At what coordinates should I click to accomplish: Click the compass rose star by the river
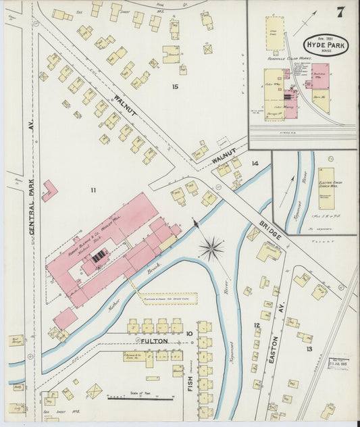pyautogui.click(x=211, y=248)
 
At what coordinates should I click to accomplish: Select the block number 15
pyautogui.click(x=175, y=86)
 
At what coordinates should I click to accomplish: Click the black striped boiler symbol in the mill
pyautogui.click(x=99, y=255)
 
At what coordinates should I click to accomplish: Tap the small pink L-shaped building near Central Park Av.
pyautogui.click(x=49, y=191)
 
